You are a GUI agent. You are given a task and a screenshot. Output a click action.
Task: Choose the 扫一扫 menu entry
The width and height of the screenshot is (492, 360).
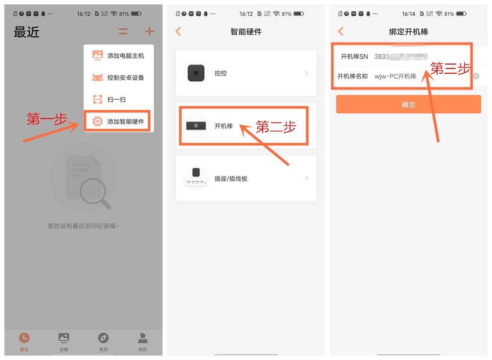point(117,100)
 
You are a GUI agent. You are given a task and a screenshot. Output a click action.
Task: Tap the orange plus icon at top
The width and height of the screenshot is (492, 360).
point(149,32)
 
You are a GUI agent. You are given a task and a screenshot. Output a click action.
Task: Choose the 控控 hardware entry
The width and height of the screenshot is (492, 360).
point(246,73)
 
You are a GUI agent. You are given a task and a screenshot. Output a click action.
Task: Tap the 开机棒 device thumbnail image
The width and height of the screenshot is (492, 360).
point(196,126)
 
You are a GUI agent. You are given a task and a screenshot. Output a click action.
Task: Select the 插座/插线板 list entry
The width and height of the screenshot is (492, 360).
point(246,179)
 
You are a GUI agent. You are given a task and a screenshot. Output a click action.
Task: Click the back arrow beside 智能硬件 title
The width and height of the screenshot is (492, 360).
point(178,32)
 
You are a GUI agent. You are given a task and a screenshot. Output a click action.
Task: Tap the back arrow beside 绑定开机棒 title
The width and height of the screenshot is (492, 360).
point(341,32)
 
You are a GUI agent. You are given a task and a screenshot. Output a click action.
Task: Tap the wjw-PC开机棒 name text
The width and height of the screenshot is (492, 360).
point(395,76)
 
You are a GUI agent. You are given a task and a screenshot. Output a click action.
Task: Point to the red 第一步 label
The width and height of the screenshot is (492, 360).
point(47,119)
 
